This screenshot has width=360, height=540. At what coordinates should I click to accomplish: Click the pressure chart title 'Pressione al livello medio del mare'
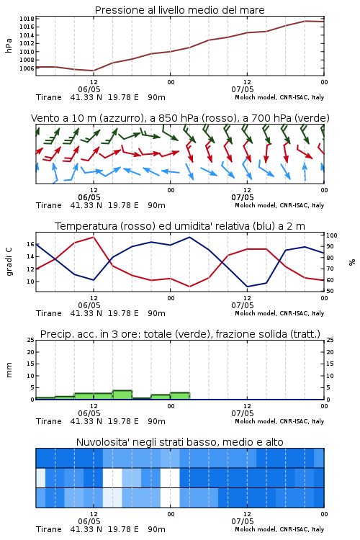tap(179, 10)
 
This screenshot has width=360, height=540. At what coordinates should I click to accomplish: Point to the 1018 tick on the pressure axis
tap(27, 19)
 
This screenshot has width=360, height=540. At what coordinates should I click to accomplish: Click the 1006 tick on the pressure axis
tap(27, 68)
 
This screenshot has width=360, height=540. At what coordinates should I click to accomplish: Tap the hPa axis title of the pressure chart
tap(9, 45)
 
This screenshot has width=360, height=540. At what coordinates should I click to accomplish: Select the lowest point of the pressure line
tap(94, 71)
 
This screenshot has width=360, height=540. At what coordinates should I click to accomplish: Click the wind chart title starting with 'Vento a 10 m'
tap(180, 118)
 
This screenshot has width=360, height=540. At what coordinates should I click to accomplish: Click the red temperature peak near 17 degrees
tap(94, 237)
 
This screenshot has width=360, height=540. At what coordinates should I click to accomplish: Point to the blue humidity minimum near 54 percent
tap(248, 287)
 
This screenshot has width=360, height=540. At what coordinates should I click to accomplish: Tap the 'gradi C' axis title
tap(9, 262)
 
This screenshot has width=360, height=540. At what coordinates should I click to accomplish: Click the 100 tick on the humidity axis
tap(332, 235)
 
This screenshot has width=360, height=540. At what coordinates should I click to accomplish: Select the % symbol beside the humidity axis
tap(352, 262)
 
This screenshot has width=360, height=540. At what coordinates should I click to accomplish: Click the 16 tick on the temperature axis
tap(31, 244)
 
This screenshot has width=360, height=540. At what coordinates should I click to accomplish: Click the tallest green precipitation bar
tap(122, 395)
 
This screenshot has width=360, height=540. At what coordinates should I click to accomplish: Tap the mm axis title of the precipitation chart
tap(9, 370)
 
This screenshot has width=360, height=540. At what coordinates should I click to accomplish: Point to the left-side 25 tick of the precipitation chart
tap(31, 340)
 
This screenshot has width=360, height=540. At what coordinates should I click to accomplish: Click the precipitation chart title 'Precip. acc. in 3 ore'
tap(180, 334)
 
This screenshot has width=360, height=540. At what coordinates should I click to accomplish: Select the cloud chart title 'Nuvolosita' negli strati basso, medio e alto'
tap(179, 442)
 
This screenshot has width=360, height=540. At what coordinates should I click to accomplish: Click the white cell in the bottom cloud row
tap(170, 498)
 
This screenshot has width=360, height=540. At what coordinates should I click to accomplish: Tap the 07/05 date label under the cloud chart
tap(243, 521)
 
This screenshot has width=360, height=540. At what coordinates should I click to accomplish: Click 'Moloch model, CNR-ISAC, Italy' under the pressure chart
tap(279, 97)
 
